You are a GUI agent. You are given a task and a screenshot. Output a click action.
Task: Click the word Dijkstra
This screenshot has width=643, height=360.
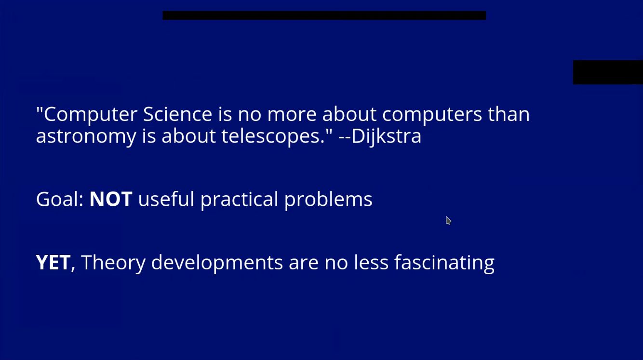[x=386, y=136]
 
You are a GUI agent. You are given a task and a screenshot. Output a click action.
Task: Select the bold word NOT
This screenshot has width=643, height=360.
[x=111, y=199]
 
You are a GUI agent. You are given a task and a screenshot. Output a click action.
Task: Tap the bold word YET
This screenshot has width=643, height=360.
[x=53, y=262]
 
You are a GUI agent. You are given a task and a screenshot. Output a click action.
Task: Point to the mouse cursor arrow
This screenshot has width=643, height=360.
[x=448, y=220]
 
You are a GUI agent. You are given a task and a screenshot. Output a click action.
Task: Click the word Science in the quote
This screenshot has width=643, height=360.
[x=177, y=114]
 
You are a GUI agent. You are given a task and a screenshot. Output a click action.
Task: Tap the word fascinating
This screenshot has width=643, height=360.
[x=444, y=263]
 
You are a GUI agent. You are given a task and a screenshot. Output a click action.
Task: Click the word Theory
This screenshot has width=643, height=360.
[x=113, y=263]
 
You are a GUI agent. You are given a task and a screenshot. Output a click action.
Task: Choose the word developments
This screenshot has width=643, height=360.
[x=217, y=263]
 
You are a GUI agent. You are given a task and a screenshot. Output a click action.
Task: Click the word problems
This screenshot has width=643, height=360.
[x=328, y=200]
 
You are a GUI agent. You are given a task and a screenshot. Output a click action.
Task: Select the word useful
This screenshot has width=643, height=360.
[x=166, y=199]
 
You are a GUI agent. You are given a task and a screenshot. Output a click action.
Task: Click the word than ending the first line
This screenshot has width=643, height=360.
[x=509, y=114]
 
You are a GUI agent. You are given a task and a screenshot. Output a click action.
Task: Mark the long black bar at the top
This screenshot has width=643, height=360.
[x=324, y=15]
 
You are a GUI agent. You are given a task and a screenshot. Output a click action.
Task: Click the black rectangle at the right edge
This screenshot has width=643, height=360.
[x=608, y=72]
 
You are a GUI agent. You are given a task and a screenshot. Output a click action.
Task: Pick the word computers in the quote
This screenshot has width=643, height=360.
[x=432, y=115]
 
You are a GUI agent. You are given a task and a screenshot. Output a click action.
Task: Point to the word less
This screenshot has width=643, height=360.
[x=371, y=262]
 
